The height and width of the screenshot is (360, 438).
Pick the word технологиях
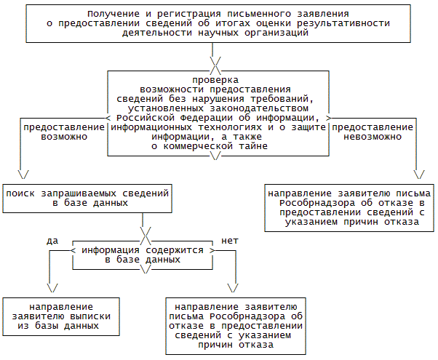[x=229, y=127]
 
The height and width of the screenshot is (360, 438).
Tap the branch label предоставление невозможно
[x=373, y=132]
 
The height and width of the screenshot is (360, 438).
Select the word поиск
[x=21, y=194]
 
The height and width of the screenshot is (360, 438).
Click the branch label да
[x=52, y=240]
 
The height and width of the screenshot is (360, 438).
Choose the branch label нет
[x=229, y=240]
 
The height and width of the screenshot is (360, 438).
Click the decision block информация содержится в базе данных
[x=143, y=255]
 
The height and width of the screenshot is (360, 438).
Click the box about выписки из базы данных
[x=60, y=316]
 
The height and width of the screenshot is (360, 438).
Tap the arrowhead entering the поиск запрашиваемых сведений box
[x=22, y=175]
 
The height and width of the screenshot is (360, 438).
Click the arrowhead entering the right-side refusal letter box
[x=418, y=175]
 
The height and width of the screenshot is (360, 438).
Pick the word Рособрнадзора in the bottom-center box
[x=245, y=316]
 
